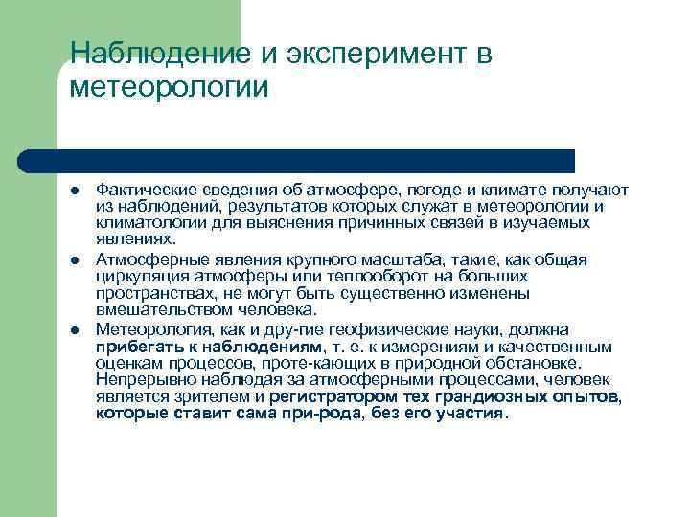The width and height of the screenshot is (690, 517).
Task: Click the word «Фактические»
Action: pyautogui.click(x=141, y=191)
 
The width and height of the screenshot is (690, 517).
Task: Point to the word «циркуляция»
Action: pyautogui.click(x=137, y=276)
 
